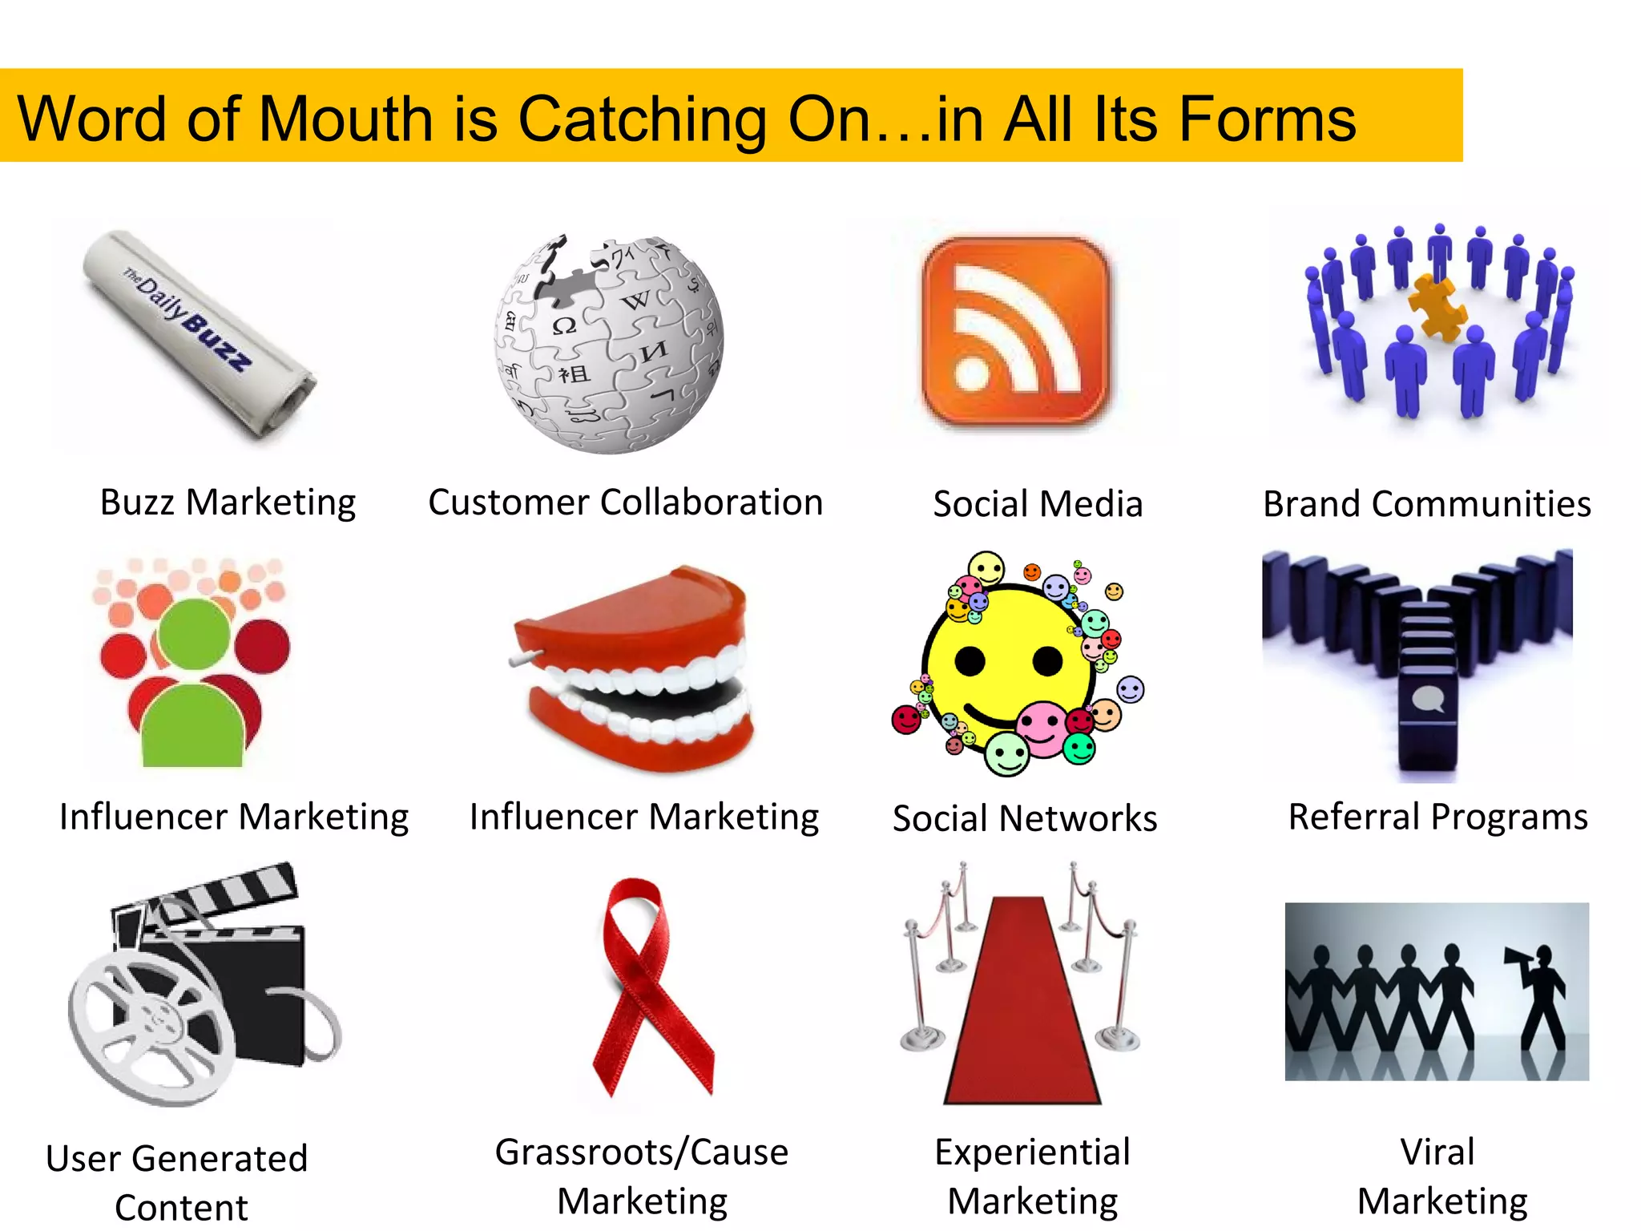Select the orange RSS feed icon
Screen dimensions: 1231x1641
(1015, 329)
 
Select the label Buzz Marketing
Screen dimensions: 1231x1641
(228, 503)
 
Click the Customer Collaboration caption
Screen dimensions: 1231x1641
(625, 503)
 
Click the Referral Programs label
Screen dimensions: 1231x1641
(1437, 817)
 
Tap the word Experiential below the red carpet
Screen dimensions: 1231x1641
(1032, 1152)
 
